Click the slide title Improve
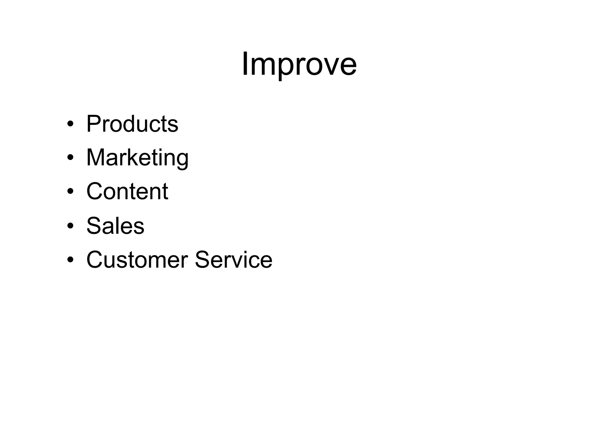[299, 64]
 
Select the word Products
[132, 124]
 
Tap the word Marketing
[137, 158]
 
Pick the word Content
[127, 191]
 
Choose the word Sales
[115, 226]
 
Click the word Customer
[137, 260]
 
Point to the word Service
[233, 260]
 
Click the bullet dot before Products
[70, 124]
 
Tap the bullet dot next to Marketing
[70, 158]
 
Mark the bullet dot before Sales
[70, 226]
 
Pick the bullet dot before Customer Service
[70, 260]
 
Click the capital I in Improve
[246, 63]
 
